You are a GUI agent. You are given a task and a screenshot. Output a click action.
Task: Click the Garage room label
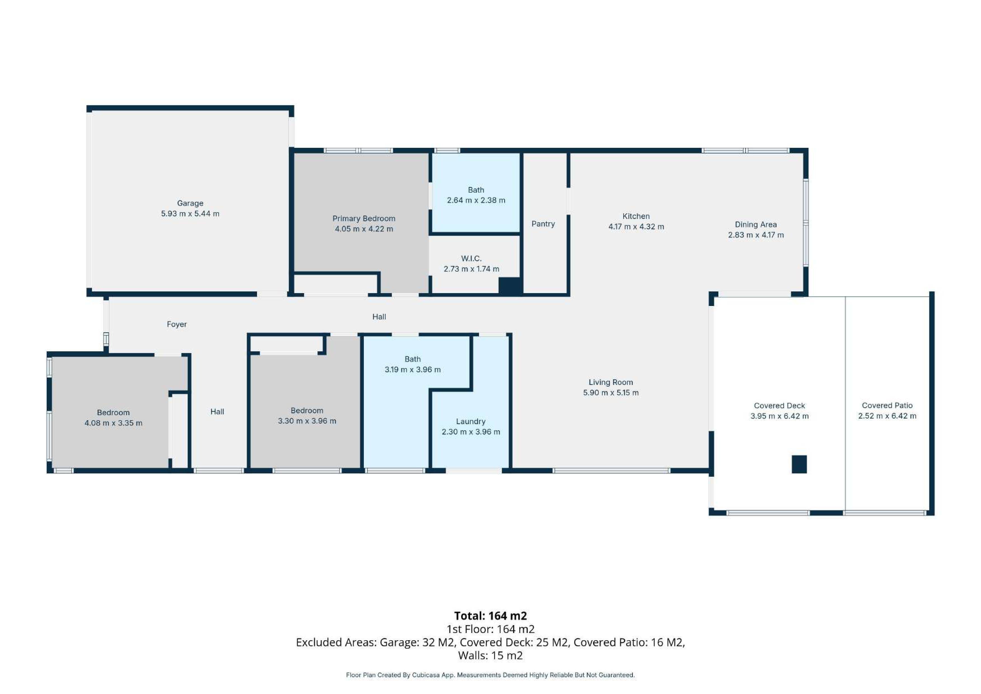pos(190,203)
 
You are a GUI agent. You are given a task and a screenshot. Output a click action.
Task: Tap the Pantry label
pos(543,224)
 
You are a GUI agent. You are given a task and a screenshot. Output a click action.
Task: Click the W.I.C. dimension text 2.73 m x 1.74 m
pos(471,269)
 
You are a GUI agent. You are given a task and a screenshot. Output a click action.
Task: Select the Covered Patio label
pos(887,405)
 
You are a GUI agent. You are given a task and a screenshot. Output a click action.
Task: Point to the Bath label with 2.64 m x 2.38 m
pos(476,190)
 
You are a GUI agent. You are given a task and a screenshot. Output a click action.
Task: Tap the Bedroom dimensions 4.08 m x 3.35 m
pos(113,423)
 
